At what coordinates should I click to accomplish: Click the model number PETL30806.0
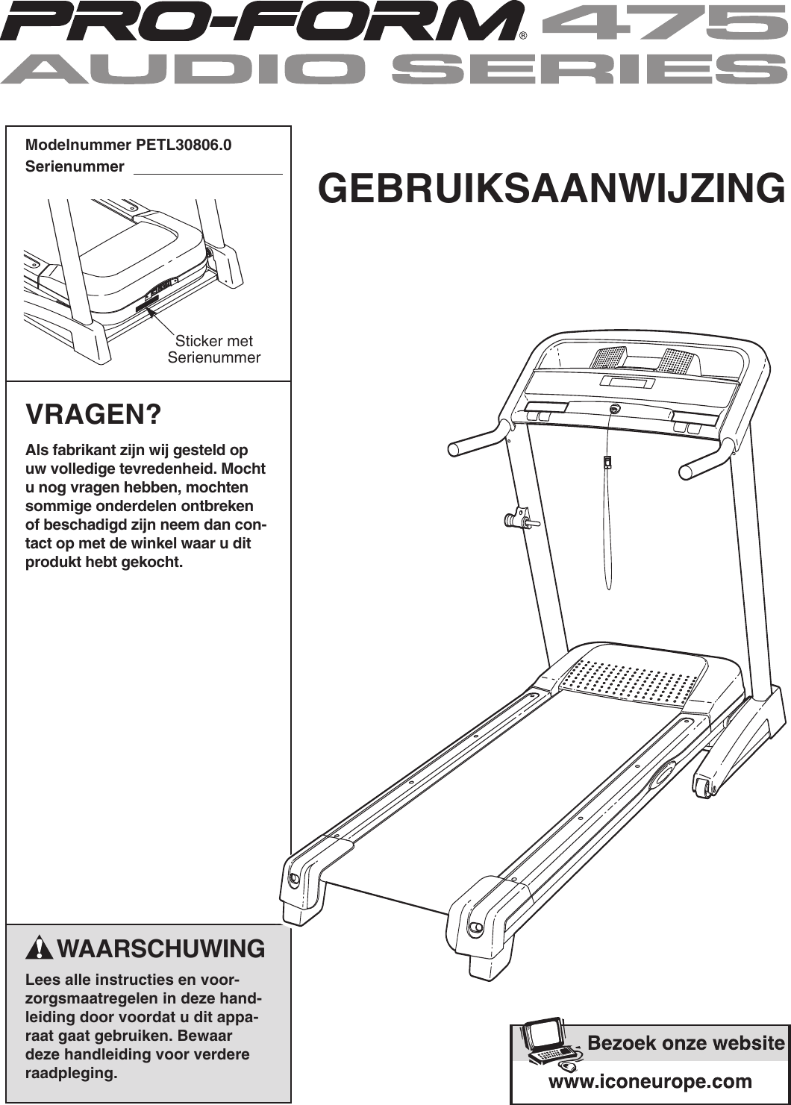(x=184, y=145)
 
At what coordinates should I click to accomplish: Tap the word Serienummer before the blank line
(x=75, y=166)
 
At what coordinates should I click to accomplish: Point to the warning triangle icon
(x=39, y=948)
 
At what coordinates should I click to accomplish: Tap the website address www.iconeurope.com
(x=650, y=1081)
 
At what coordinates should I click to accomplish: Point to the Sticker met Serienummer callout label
(x=214, y=349)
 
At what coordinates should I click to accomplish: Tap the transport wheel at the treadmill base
(x=704, y=786)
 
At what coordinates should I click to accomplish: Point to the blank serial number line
(x=207, y=172)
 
